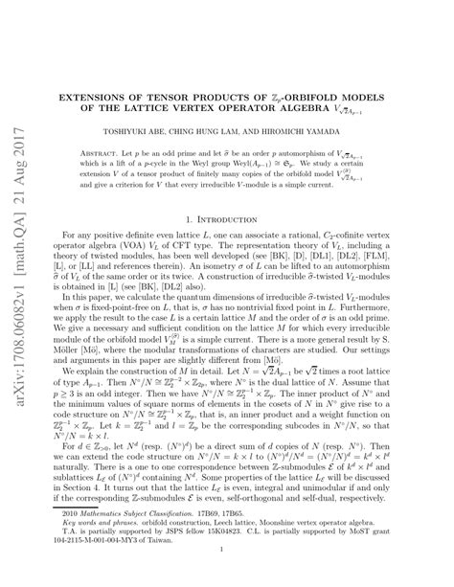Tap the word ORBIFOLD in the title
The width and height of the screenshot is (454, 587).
coord(313,97)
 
